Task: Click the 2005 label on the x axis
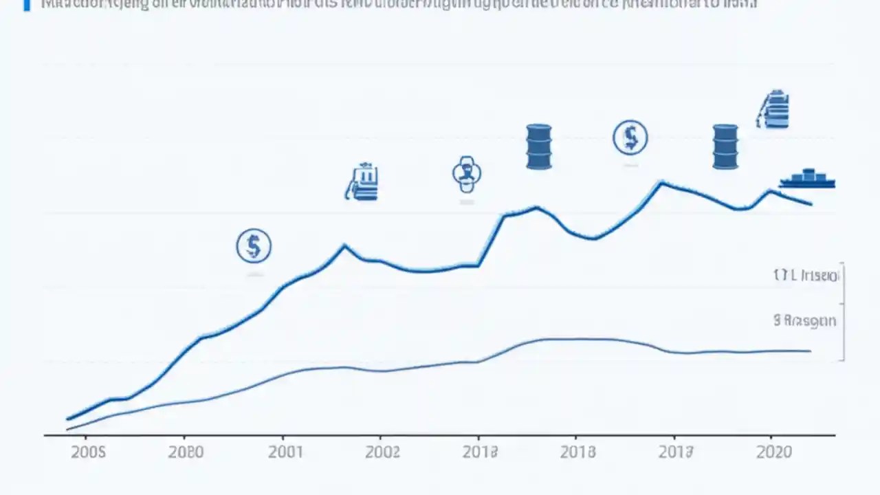(88, 452)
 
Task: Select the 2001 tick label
(285, 452)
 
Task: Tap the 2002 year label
(382, 452)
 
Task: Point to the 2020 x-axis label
(775, 452)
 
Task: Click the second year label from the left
(186, 452)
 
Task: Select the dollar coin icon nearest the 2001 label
(254, 245)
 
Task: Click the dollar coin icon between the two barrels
(630, 137)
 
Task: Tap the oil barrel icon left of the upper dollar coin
(539, 146)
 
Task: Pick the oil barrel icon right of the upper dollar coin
(725, 146)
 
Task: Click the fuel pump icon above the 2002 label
(362, 182)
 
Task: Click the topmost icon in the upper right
(773, 109)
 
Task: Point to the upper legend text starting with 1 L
(806, 276)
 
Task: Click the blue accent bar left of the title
(27, 5)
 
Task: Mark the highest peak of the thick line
(661, 182)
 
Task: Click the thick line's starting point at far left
(67, 418)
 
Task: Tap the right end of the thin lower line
(811, 351)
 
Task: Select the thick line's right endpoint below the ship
(811, 203)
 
